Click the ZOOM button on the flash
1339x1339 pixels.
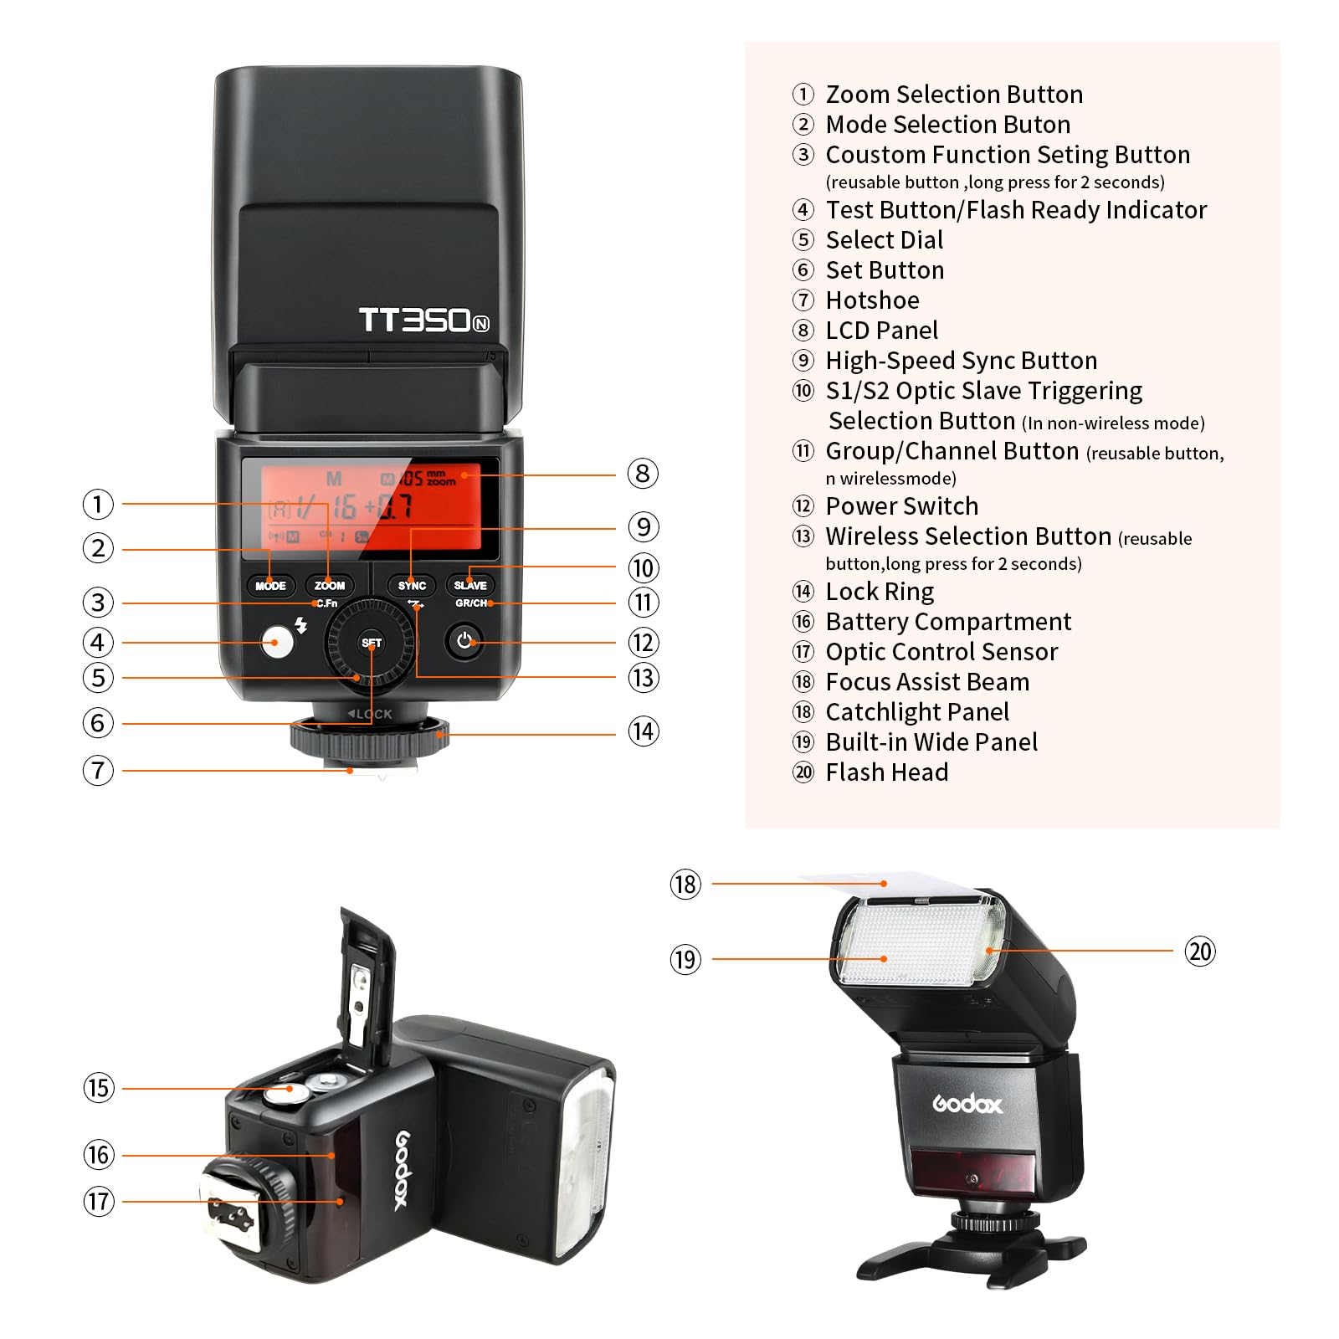coord(330,585)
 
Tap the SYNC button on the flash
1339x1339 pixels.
coord(412,585)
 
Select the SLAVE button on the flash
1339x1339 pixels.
coord(470,585)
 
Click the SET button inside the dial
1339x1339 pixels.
coord(372,643)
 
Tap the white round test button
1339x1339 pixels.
coord(277,643)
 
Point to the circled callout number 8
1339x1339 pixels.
coord(643,474)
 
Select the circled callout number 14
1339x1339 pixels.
coord(643,731)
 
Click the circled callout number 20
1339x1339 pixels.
coord(1200,952)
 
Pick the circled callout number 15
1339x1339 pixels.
coord(99,1088)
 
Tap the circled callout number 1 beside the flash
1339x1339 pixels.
coord(98,504)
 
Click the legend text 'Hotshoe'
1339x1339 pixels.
coord(872,300)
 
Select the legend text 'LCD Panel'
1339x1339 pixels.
coord(882,330)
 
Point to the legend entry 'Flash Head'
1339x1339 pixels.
coord(887,772)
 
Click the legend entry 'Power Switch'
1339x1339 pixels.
coord(902,505)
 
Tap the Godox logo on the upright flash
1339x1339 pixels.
coord(967,1105)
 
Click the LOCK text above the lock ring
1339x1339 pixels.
coord(370,714)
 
